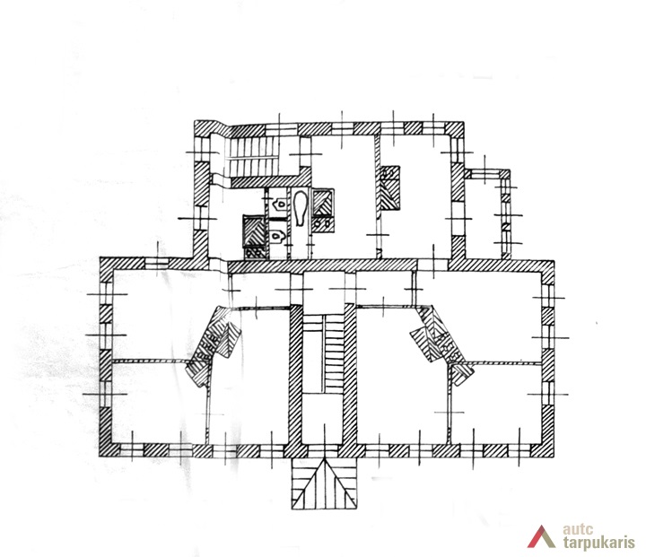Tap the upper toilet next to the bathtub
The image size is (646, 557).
point(280,204)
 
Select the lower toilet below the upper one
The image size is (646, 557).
point(279,236)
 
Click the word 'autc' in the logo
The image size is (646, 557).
point(578,529)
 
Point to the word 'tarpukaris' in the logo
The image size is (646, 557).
point(598,542)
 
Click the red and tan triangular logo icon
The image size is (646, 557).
point(541,536)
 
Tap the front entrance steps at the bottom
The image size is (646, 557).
point(324,483)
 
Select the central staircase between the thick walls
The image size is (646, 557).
point(323,351)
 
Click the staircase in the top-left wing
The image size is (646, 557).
point(253,156)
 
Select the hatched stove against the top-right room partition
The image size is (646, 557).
point(389,188)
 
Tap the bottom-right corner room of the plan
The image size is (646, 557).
point(496,405)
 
